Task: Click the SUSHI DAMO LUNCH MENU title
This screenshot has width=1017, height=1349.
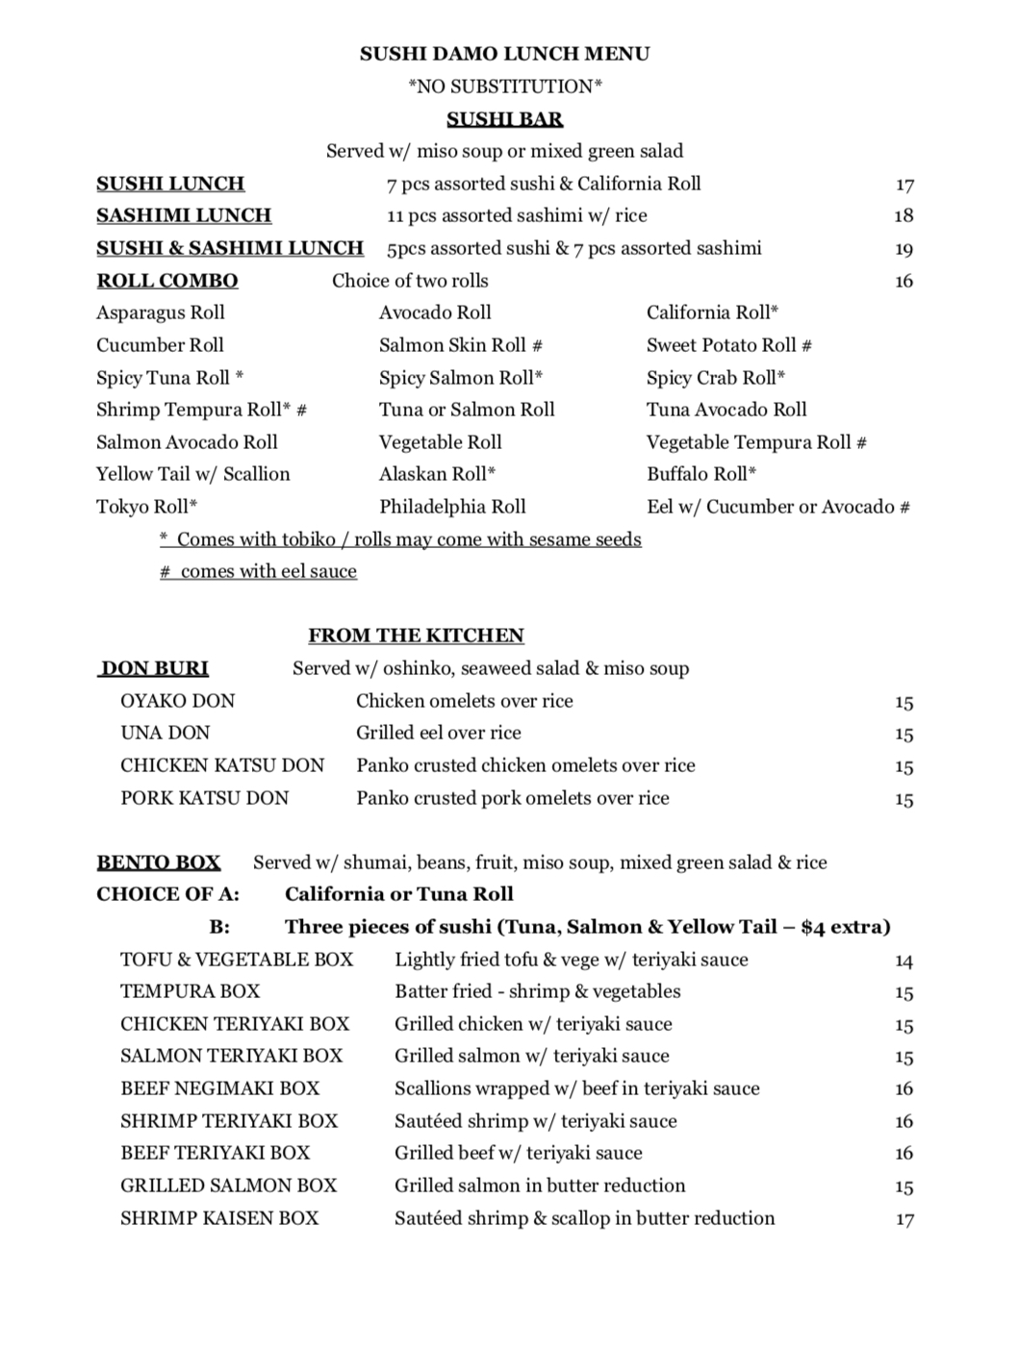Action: coord(504,54)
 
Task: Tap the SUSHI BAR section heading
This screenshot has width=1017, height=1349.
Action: coord(504,119)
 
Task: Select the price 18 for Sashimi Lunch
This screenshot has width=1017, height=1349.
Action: coord(903,216)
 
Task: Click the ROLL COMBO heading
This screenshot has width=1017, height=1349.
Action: coord(167,281)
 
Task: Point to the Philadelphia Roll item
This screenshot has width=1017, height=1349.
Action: coord(452,507)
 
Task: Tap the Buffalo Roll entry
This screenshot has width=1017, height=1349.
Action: coord(701,474)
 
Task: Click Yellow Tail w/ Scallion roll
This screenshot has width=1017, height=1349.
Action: coord(192,474)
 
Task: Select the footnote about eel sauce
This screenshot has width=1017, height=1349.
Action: coord(258,571)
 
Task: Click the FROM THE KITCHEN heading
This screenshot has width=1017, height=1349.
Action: coord(416,636)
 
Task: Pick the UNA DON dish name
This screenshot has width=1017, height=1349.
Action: coord(165,733)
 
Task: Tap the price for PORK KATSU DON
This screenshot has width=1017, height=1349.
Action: coord(903,799)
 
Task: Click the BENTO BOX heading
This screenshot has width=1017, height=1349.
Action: coord(159,862)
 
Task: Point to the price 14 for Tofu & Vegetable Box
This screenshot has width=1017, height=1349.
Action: coord(903,961)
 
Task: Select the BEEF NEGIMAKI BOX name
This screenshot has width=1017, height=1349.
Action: coord(219,1088)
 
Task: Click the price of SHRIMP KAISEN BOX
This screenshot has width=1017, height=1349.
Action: coord(903,1219)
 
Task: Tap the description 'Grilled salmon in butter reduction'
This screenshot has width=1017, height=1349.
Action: coord(540,1186)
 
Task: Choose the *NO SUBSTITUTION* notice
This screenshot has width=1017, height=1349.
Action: coord(505,87)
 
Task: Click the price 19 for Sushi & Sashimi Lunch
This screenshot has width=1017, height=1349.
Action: coord(903,249)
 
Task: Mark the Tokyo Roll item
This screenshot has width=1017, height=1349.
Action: coord(146,507)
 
